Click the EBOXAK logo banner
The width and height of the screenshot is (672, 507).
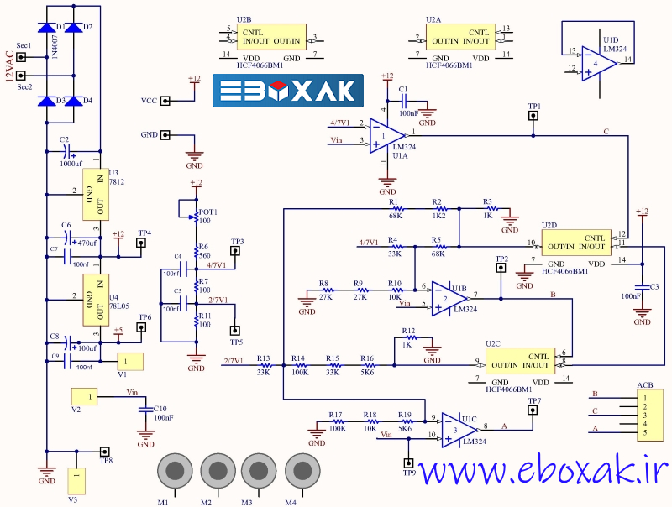click(x=288, y=91)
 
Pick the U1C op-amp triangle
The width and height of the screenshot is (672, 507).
click(x=456, y=430)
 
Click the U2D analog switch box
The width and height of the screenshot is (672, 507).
click(x=576, y=242)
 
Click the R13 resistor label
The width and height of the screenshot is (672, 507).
click(x=263, y=358)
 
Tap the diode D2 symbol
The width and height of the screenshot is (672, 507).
click(x=77, y=28)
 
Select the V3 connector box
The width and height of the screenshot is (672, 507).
click(x=77, y=480)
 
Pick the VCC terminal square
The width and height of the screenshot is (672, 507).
click(x=165, y=101)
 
